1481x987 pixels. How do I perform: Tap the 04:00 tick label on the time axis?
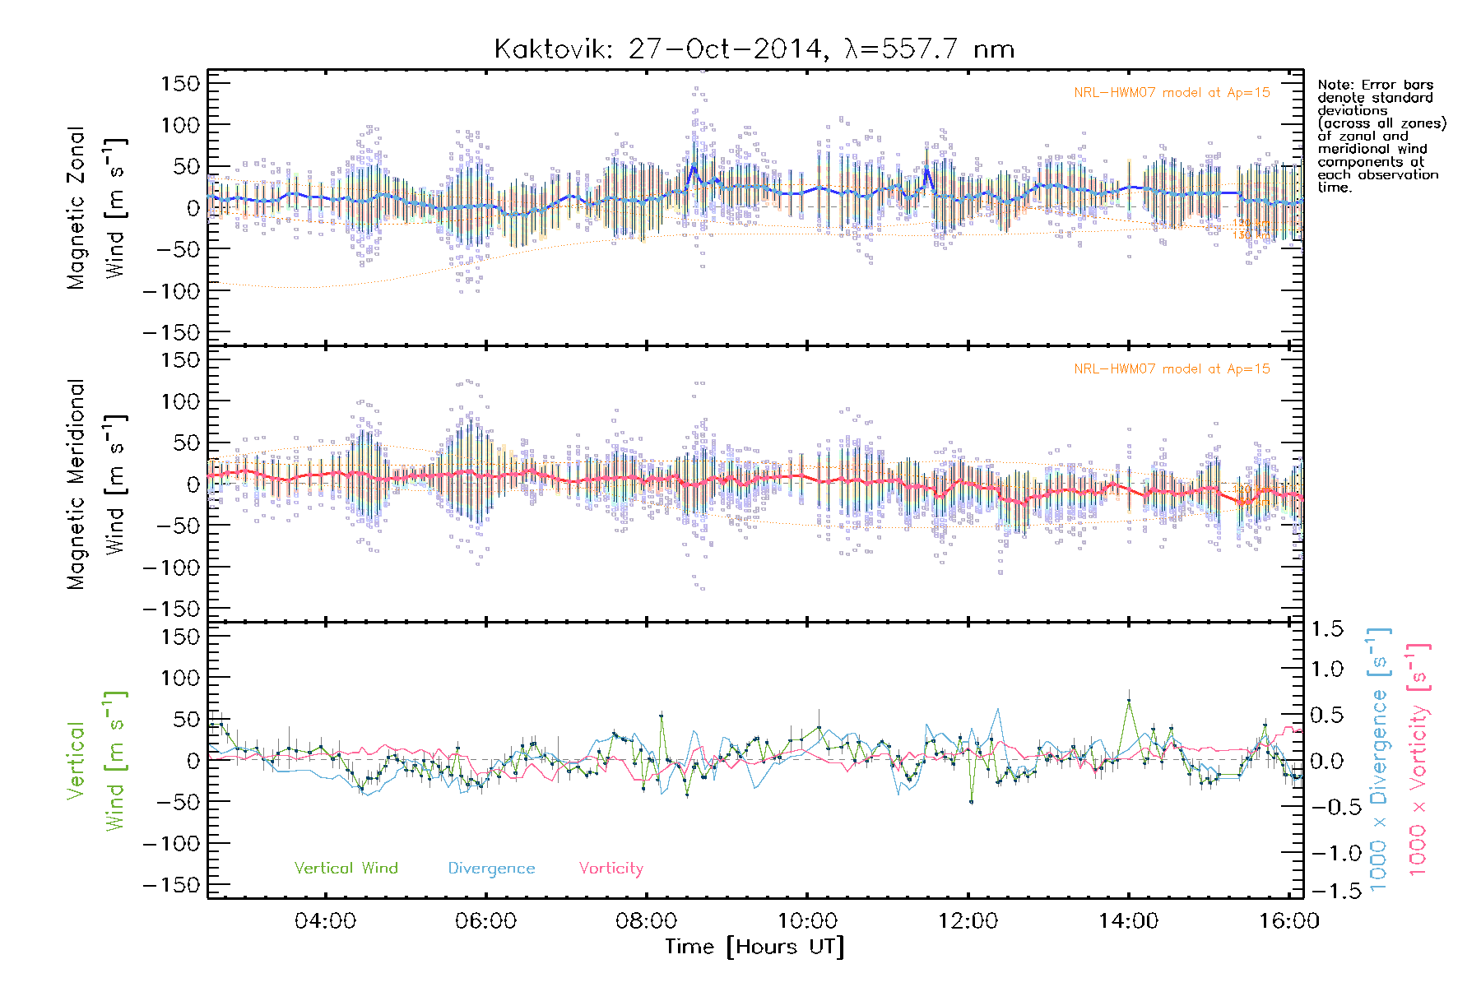[325, 920]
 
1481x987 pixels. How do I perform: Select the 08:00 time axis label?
[647, 920]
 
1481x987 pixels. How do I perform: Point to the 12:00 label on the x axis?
[968, 920]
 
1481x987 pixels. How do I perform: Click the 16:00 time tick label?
[1288, 920]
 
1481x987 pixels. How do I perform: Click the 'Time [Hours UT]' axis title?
[754, 947]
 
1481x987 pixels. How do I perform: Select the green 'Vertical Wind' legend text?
[346, 868]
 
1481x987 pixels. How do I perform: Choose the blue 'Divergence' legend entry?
[491, 868]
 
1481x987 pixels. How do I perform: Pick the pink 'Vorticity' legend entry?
[611, 868]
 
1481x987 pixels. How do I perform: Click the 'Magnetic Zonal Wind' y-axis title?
[97, 207]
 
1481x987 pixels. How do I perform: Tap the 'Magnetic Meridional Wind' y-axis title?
[97, 484]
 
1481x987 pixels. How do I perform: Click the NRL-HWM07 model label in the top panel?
[1172, 93]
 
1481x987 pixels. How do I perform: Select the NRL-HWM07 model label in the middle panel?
[1172, 369]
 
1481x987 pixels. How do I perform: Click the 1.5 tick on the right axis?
[1327, 629]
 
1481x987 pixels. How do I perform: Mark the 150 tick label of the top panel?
[180, 83]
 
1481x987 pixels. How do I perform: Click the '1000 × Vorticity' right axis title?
[1418, 760]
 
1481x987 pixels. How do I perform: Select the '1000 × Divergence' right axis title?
[1379, 760]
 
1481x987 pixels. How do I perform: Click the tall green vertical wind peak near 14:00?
[1129, 701]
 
